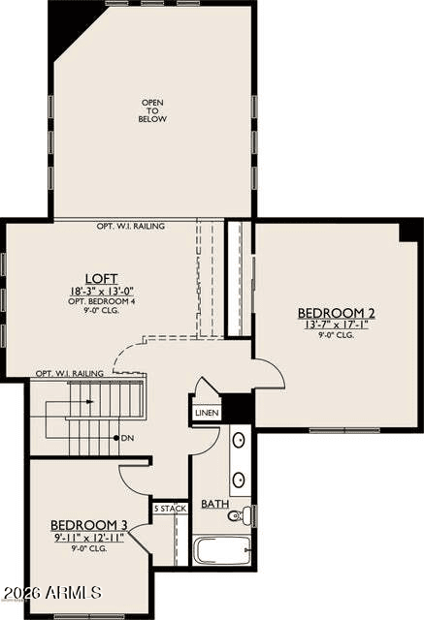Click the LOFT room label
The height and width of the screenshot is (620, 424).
pyautogui.click(x=102, y=278)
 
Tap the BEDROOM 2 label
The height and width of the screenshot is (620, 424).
pyautogui.click(x=336, y=313)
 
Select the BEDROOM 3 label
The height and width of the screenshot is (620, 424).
pyautogui.click(x=89, y=525)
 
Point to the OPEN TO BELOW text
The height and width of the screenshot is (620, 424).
pyautogui.click(x=152, y=110)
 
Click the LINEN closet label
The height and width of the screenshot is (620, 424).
pyautogui.click(x=207, y=414)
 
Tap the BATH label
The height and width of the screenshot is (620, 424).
pyautogui.click(x=215, y=504)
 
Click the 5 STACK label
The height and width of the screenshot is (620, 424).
pyautogui.click(x=170, y=509)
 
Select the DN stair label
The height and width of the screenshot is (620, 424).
pyautogui.click(x=127, y=438)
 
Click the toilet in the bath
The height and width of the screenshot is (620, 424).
pyautogui.click(x=240, y=514)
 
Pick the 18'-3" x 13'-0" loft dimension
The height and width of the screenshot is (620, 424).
pyautogui.click(x=102, y=292)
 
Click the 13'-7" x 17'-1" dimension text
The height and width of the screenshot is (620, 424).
pyautogui.click(x=336, y=325)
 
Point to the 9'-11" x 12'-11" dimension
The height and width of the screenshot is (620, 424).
pyautogui.click(x=89, y=538)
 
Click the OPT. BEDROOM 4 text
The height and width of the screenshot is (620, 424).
pyautogui.click(x=102, y=301)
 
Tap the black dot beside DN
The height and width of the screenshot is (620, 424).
pyautogui.click(x=116, y=438)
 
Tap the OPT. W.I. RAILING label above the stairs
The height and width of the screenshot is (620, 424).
pyautogui.click(x=70, y=373)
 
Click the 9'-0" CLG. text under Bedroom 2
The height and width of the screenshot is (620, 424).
pyautogui.click(x=336, y=335)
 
